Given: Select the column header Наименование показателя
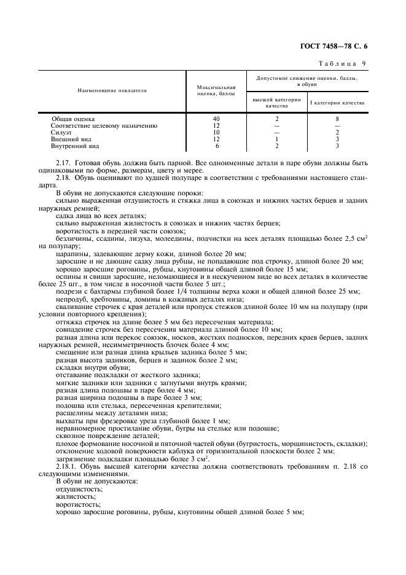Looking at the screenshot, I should click(x=112, y=90).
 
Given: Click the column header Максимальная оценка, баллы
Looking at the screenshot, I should click(x=216, y=90).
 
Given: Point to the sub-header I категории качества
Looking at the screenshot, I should click(x=337, y=103).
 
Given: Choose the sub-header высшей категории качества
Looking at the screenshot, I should click(x=277, y=103).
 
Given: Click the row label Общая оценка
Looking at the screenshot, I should click(x=73, y=118).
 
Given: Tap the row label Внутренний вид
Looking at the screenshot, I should click(x=75, y=146).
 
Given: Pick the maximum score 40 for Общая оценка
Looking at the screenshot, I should click(x=216, y=118).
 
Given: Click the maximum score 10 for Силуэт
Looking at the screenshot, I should click(x=216, y=132).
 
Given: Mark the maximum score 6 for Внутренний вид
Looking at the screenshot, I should click(x=216, y=146).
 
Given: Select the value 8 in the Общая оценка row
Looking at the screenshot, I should click(x=337, y=118).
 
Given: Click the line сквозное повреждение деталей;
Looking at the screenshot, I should click(x=98, y=435).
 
